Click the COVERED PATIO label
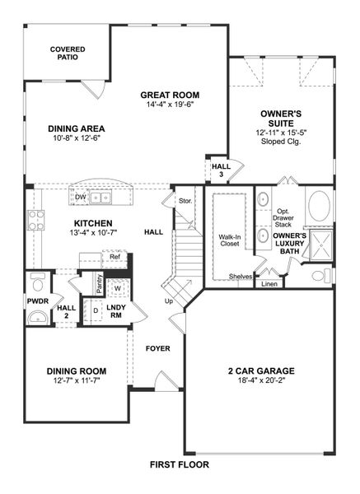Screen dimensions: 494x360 (68, 54)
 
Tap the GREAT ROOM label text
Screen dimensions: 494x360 (170, 95)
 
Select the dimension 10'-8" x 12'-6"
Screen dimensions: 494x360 (75, 137)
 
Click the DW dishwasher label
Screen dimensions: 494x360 (81, 198)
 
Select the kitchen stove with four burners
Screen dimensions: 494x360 (37, 220)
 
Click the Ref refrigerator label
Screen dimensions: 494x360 (115, 257)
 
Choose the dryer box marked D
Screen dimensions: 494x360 (96, 311)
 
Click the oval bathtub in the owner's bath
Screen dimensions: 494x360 (319, 203)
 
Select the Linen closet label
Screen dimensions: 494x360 (269, 284)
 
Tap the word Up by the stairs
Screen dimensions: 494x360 (170, 301)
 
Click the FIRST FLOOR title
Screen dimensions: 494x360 (179, 464)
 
